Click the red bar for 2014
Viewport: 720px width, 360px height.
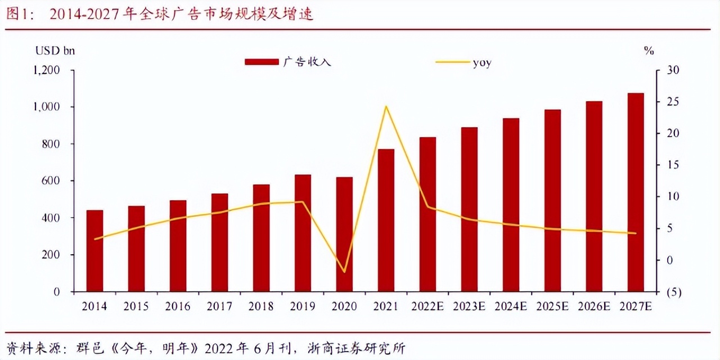[x=94, y=251]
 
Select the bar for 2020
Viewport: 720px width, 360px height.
[x=344, y=235]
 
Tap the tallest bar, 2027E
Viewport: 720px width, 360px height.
[x=636, y=192]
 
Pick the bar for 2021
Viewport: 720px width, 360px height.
[x=386, y=220]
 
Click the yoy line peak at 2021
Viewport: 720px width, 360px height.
[x=386, y=106]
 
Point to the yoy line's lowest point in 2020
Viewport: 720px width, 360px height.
[x=344, y=272]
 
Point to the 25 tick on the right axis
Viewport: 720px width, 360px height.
[x=672, y=102]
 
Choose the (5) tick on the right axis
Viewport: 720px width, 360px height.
[x=673, y=292]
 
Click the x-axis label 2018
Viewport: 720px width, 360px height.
[x=261, y=307]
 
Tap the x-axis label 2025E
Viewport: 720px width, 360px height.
[x=552, y=307]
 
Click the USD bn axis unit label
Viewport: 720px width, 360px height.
[x=55, y=51]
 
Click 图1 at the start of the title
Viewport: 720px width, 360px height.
[x=19, y=15]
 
